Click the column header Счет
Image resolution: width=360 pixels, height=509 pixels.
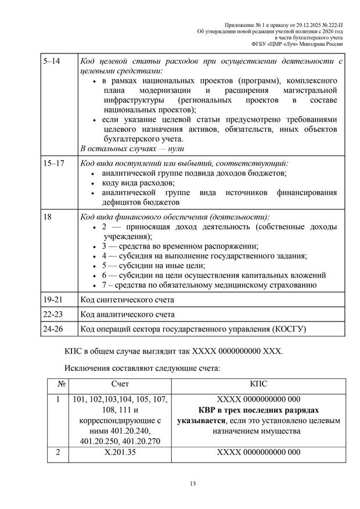point(120,384)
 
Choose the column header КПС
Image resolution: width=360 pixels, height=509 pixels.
point(258,384)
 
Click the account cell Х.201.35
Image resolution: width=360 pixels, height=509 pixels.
point(120,452)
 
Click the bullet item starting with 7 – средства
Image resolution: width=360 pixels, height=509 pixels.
point(209,285)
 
